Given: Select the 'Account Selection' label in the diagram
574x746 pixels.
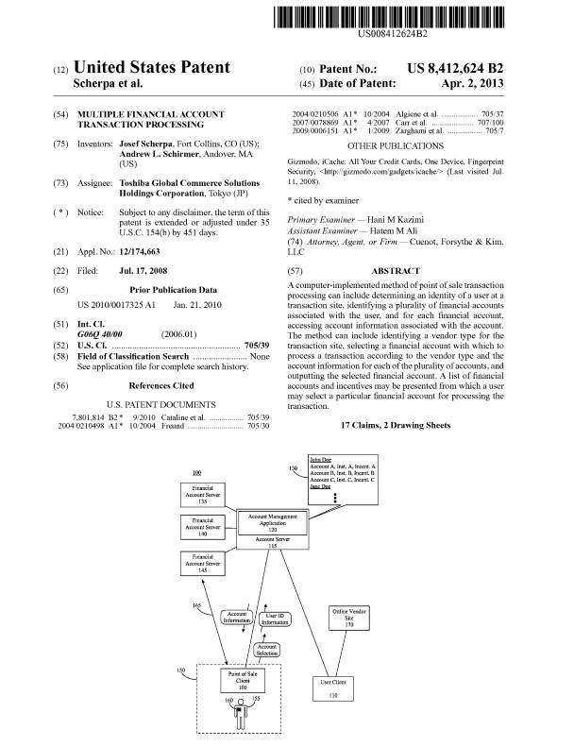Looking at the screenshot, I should [268, 651].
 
